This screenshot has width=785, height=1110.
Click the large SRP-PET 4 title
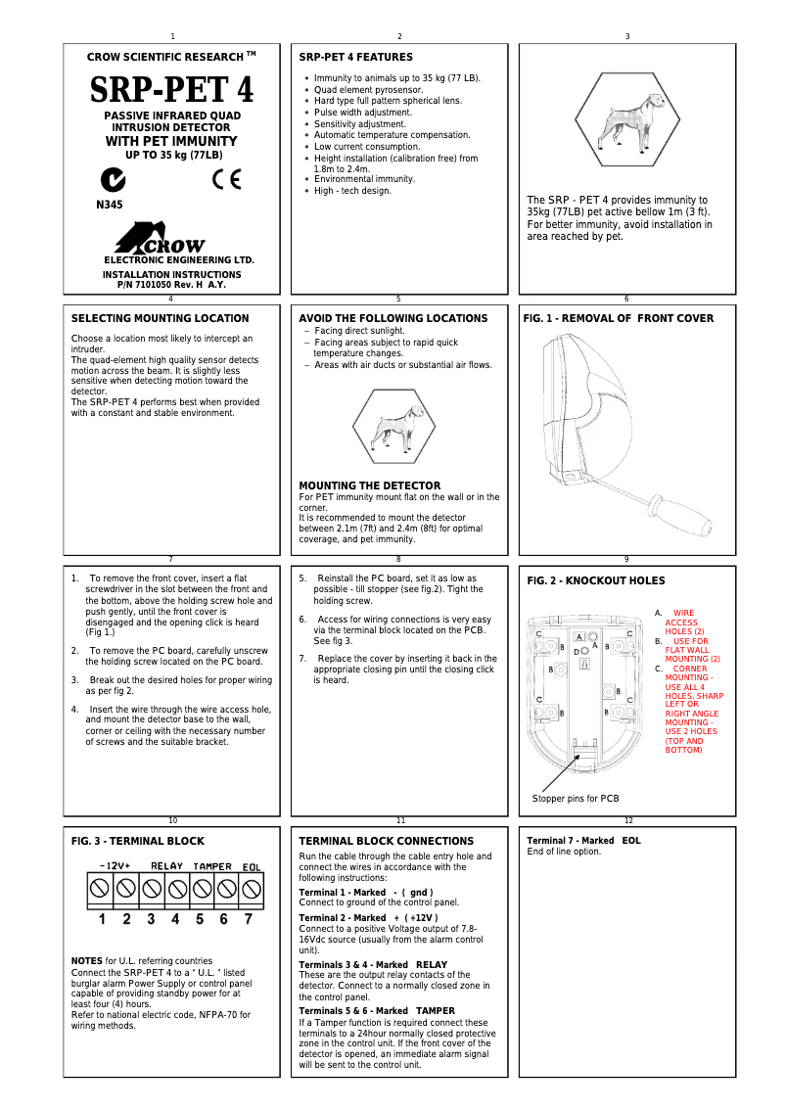pyautogui.click(x=172, y=90)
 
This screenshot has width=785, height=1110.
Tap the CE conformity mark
pyautogui.click(x=226, y=180)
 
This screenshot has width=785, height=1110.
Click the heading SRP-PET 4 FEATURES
pyautogui.click(x=355, y=57)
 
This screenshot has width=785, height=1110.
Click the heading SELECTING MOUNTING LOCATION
pyautogui.click(x=160, y=318)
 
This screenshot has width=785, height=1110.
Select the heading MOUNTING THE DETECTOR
pyautogui.click(x=369, y=486)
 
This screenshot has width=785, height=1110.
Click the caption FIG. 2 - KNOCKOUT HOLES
pyautogui.click(x=595, y=580)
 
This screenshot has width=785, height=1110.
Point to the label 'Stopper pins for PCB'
pyautogui.click(x=576, y=799)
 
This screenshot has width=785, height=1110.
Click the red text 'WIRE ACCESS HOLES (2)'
pyautogui.click(x=681, y=623)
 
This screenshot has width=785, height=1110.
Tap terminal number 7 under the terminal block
pyautogui.click(x=249, y=919)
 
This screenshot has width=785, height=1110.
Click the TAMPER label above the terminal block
pyautogui.click(x=211, y=866)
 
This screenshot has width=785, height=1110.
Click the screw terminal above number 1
pyautogui.click(x=99, y=889)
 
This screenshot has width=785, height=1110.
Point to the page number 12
pyautogui.click(x=628, y=820)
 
